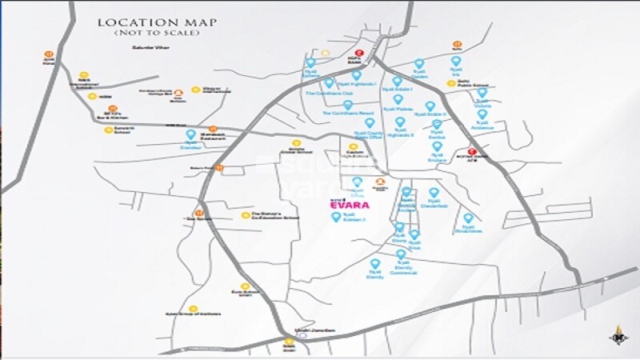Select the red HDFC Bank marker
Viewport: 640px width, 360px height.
coord(360,54)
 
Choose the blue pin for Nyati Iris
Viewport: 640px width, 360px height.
coord(456,61)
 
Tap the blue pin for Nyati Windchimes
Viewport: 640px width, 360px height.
coord(468,218)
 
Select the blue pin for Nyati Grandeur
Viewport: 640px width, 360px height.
coord(191,135)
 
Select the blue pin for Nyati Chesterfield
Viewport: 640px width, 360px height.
coord(434,193)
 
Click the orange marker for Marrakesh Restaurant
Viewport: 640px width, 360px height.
coord(213,129)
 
